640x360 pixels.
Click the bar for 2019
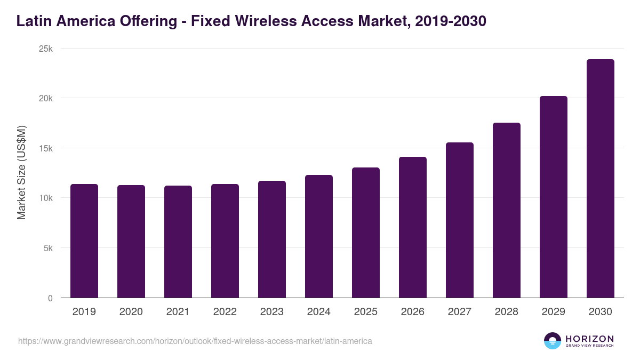pyautogui.click(x=84, y=241)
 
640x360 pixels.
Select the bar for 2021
pyautogui.click(x=178, y=242)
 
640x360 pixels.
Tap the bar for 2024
pyautogui.click(x=319, y=236)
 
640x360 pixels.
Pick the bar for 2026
pyautogui.click(x=413, y=227)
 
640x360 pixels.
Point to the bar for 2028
pyautogui.click(x=507, y=210)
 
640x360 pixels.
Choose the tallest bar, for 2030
pyautogui.click(x=601, y=179)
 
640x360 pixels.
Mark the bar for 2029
pyautogui.click(x=554, y=197)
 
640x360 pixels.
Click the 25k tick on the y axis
pyautogui.click(x=46, y=49)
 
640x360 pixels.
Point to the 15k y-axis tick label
pyautogui.click(x=46, y=148)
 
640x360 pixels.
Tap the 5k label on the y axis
pyautogui.click(x=48, y=248)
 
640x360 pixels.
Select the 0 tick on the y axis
pyautogui.click(x=50, y=298)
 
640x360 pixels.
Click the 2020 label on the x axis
pyautogui.click(x=131, y=312)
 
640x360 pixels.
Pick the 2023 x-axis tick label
pyautogui.click(x=272, y=312)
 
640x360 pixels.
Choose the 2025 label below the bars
pyautogui.click(x=366, y=312)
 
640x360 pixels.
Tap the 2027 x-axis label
pyautogui.click(x=460, y=312)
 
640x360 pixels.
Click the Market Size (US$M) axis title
pyautogui.click(x=21, y=173)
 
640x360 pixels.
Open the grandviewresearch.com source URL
pyautogui.click(x=195, y=341)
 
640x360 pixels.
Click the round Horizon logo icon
pyautogui.click(x=553, y=341)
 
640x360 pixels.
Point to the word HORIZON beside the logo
pyautogui.click(x=589, y=339)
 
